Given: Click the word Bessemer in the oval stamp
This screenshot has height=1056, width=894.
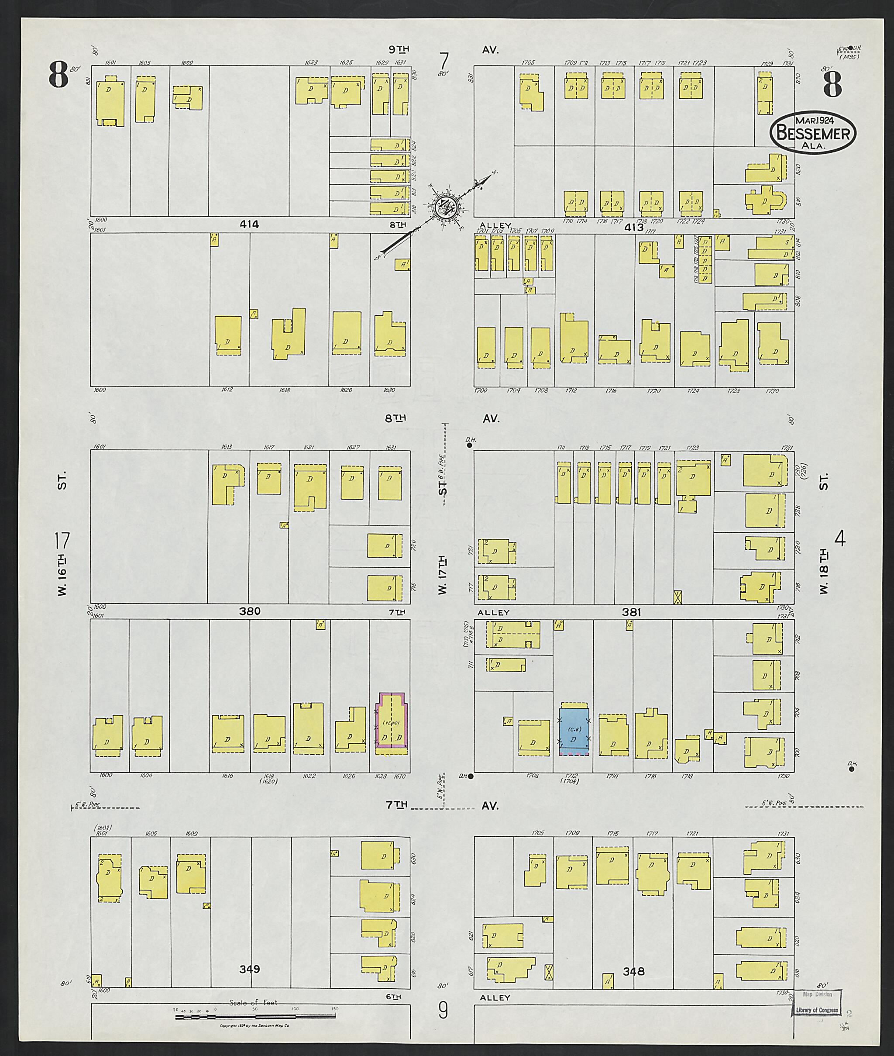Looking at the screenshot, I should pos(813,133).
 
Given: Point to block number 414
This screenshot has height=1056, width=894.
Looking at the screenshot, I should pos(250,224).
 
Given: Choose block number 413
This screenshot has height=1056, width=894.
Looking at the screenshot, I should pos(633,228).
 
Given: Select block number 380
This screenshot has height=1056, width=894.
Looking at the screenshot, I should pos(250,611).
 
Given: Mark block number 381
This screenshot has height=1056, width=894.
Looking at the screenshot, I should pos(632,612).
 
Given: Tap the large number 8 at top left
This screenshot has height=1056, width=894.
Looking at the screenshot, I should pos(59,75).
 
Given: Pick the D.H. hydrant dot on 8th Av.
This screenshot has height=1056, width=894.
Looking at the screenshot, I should pos(470,445).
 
